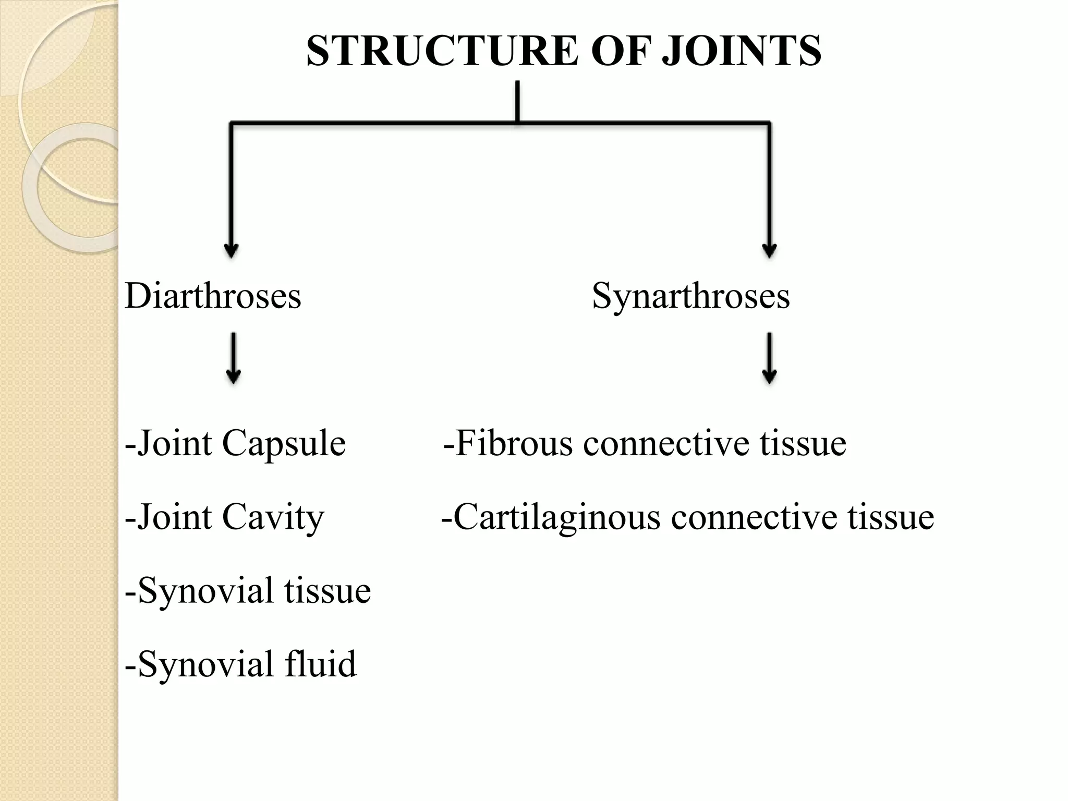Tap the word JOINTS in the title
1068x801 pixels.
(x=742, y=51)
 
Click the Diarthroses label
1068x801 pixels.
(x=213, y=296)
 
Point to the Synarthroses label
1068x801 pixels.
(x=690, y=296)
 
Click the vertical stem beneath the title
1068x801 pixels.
(x=517, y=102)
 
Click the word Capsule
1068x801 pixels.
(x=284, y=444)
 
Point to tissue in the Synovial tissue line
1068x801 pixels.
(x=327, y=591)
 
